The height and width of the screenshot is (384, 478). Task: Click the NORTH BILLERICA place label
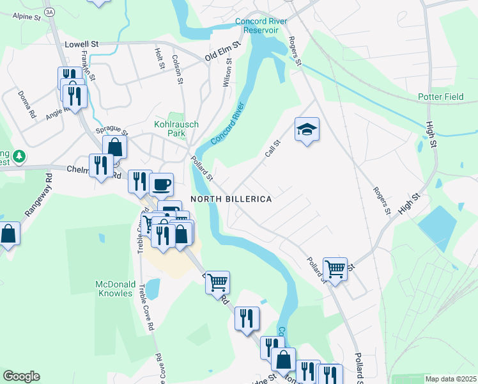pyautogui.click(x=231, y=199)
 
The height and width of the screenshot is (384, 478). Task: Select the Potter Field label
pyautogui.click(x=440, y=97)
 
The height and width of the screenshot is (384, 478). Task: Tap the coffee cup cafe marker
pyautogui.click(x=161, y=184)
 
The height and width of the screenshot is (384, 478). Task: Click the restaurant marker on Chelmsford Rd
pyautogui.click(x=101, y=166)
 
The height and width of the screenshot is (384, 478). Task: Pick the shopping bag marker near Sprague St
pyautogui.click(x=114, y=147)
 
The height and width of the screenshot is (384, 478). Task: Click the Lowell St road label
pyautogui.click(x=82, y=45)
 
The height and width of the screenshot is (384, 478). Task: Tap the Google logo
pyautogui.click(x=21, y=376)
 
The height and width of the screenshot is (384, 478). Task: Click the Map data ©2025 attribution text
pyautogui.click(x=450, y=379)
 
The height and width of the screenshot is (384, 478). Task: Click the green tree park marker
pyautogui.click(x=19, y=156)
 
